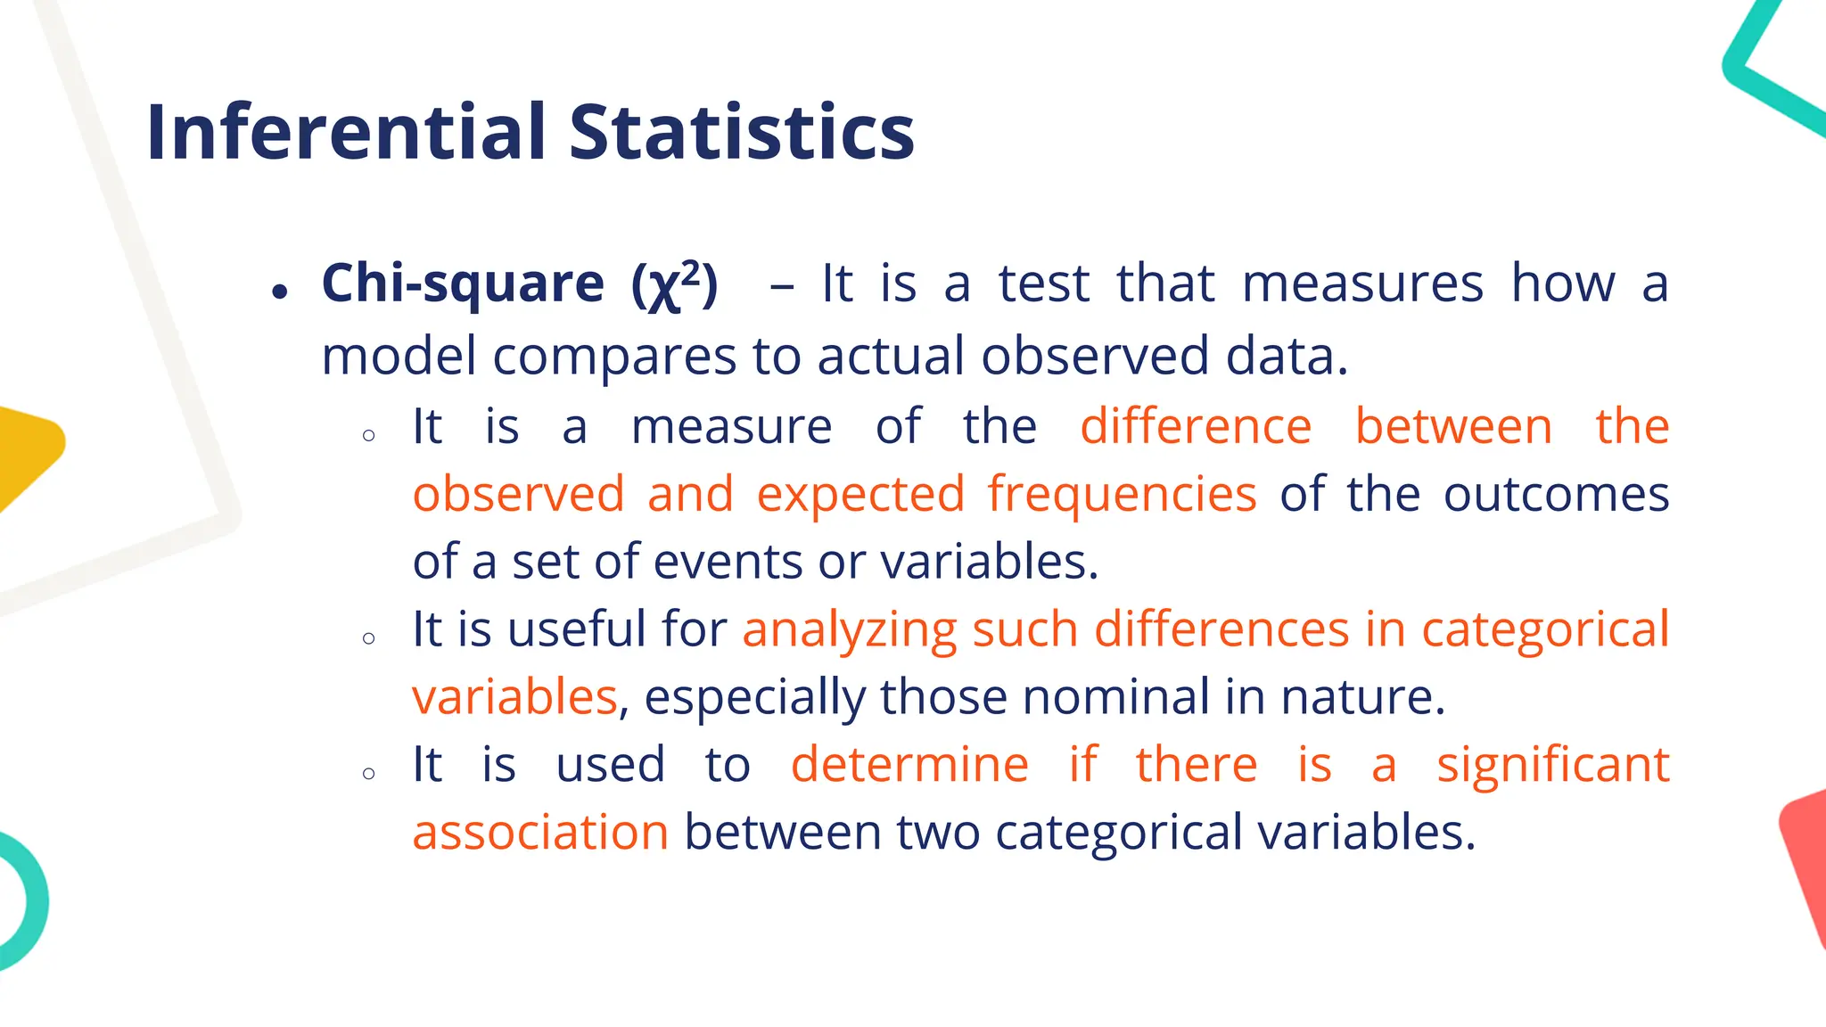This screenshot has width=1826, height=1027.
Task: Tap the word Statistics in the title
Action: pos(742,132)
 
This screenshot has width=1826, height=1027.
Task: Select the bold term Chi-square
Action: pos(463,283)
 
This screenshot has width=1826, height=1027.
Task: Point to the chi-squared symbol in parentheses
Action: pos(674,285)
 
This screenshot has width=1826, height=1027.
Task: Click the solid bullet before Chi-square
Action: pos(281,292)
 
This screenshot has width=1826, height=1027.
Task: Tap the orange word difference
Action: pos(1196,426)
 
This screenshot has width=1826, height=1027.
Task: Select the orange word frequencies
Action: pos(1122,494)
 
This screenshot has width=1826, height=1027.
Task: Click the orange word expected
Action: pos(860,494)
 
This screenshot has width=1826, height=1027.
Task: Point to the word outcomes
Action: pos(1556,494)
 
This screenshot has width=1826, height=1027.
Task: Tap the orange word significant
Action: pos(1552,764)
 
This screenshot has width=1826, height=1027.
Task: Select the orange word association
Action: pos(540,832)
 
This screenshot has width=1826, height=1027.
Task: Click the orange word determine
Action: pos(909,764)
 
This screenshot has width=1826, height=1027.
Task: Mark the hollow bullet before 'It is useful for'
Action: pos(369,638)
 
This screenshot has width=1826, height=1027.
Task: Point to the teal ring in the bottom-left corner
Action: pos(27,900)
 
